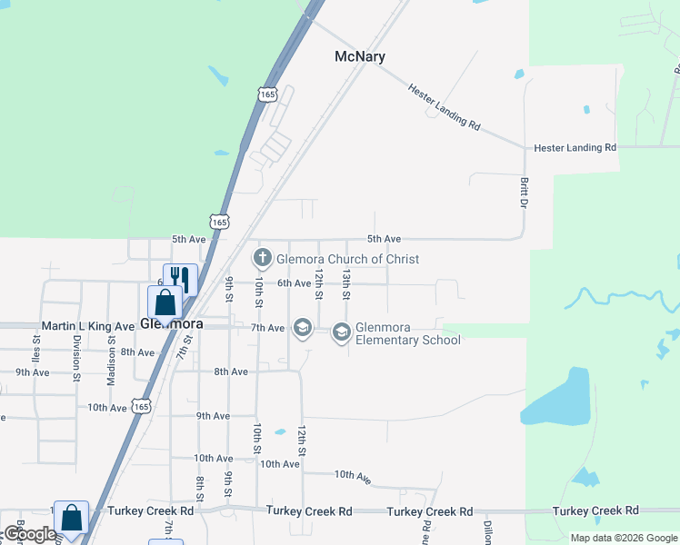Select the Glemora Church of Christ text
coord(348,259)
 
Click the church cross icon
coord(263,258)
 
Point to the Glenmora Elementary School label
coord(408,334)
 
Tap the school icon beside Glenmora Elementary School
coord(341,332)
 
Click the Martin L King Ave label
coord(88,325)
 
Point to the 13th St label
coord(346,283)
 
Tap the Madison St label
coord(111,362)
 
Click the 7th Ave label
coord(268,327)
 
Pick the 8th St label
coord(198,488)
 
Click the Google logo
coord(29,535)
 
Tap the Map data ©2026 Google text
coord(623,538)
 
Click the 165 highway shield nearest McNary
coord(267,94)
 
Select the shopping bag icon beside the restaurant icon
coord(165,302)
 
